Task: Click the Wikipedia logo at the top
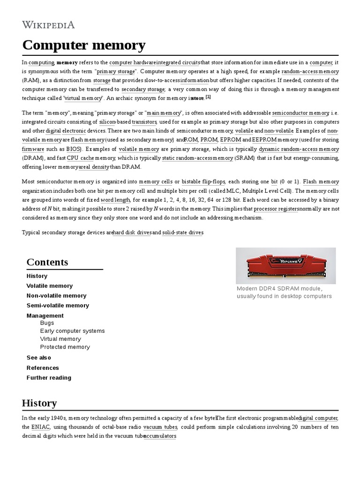(48, 25)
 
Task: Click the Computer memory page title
(84, 45)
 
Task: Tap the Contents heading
(47, 262)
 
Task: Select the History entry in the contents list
(37, 276)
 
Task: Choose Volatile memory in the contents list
(50, 286)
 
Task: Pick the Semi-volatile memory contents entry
(58, 306)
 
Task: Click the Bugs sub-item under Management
(47, 323)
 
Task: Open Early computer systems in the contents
(72, 331)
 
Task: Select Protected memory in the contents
(65, 347)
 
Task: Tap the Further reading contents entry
(49, 378)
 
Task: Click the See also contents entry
(39, 358)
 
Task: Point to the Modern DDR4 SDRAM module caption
(284, 292)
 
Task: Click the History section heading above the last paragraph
(39, 403)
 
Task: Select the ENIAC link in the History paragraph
(41, 427)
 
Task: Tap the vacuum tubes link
(160, 427)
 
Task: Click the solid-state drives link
(183, 232)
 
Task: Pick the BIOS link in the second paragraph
(73, 149)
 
